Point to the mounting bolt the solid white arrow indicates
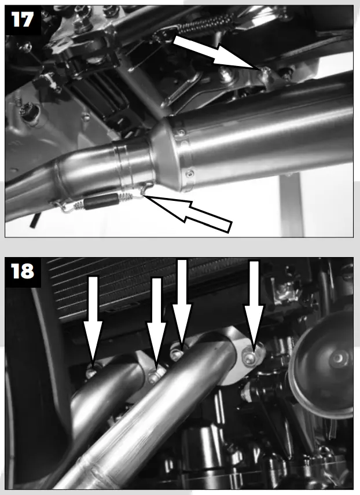264,71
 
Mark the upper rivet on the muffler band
181,134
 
